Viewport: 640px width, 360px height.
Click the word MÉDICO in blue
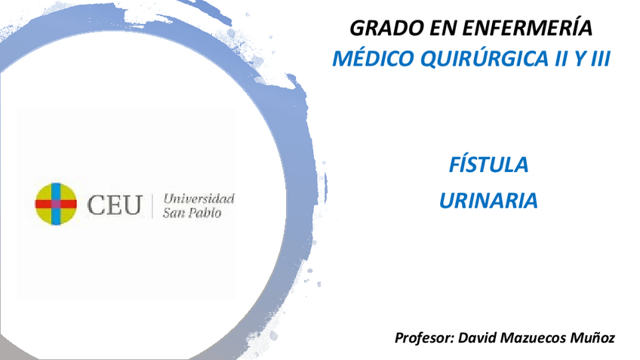pos(368,60)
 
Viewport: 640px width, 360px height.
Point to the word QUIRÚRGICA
pos(469,60)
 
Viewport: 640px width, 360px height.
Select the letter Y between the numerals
pos(577,60)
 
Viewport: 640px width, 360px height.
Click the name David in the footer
pos(478,337)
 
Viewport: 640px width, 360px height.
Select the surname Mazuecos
pos(537,337)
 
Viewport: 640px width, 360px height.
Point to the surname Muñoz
pos(594,337)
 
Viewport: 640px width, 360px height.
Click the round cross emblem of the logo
pos(57,204)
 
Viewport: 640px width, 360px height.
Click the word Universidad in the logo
pos(199,198)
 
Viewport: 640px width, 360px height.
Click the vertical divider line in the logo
pos(153,205)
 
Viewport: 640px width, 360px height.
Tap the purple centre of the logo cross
pos(56,204)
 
